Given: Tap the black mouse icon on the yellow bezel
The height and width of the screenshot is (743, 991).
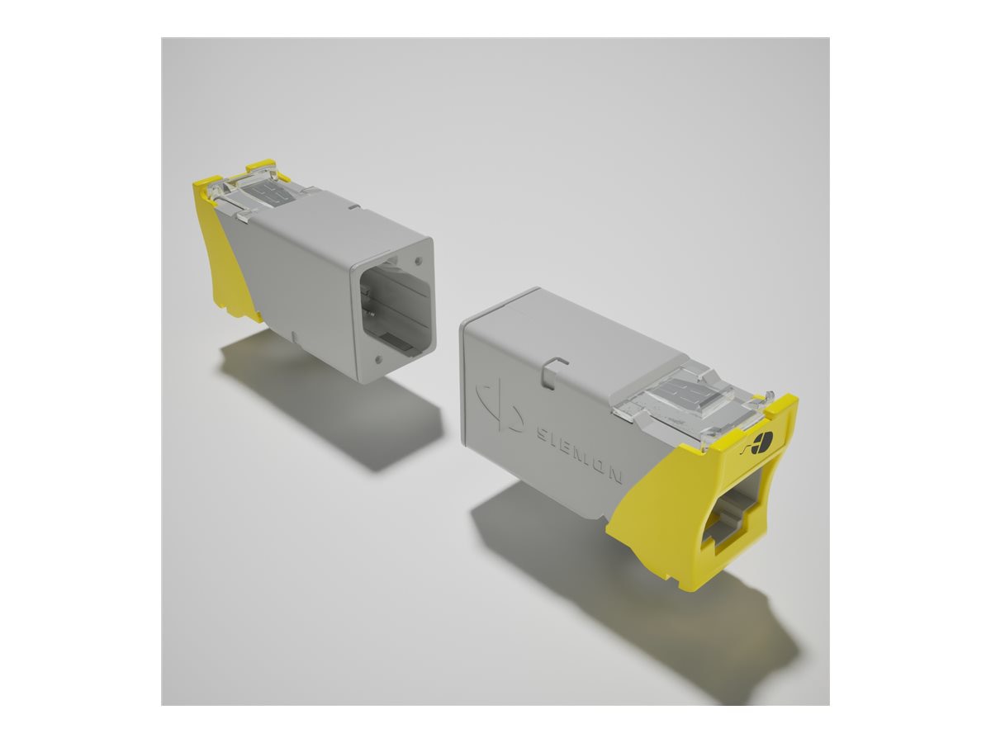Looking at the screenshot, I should (760, 442).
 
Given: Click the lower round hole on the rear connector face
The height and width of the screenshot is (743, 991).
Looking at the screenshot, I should (377, 359).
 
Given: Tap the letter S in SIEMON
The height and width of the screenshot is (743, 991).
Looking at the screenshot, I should (540, 432).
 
